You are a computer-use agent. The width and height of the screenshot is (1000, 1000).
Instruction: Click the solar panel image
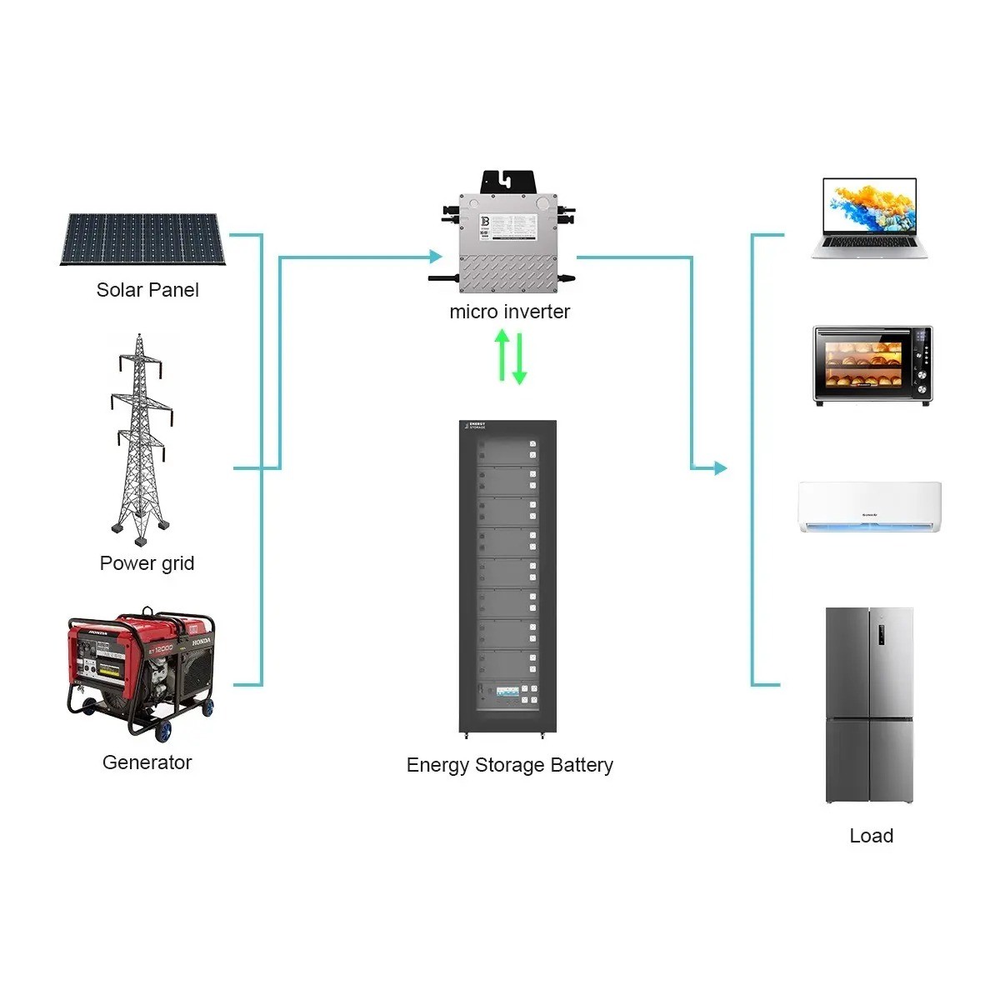(141, 239)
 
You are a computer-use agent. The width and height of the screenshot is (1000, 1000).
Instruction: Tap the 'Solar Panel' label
(147, 290)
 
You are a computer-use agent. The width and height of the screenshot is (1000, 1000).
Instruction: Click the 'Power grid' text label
(147, 563)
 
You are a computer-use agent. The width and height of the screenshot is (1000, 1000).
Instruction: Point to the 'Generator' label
(147, 762)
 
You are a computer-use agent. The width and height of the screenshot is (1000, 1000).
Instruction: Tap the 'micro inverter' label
(509, 312)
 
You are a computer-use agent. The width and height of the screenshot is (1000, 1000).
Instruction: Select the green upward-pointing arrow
(502, 355)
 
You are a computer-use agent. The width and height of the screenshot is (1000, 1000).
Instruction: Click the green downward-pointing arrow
(519, 359)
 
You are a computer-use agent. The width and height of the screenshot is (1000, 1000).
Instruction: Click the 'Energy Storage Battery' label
(509, 765)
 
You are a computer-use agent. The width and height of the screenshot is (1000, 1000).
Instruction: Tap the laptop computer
(870, 218)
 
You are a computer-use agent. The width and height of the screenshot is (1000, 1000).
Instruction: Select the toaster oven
(872, 366)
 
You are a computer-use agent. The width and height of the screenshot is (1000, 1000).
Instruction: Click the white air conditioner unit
(869, 506)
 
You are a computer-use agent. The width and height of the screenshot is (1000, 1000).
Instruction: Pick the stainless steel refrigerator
(869, 705)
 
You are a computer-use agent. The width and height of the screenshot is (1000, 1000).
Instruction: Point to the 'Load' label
(871, 836)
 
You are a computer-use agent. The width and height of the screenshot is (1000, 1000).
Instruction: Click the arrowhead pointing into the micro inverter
(434, 257)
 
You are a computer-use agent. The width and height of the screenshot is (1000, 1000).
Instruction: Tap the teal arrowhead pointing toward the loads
(720, 468)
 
